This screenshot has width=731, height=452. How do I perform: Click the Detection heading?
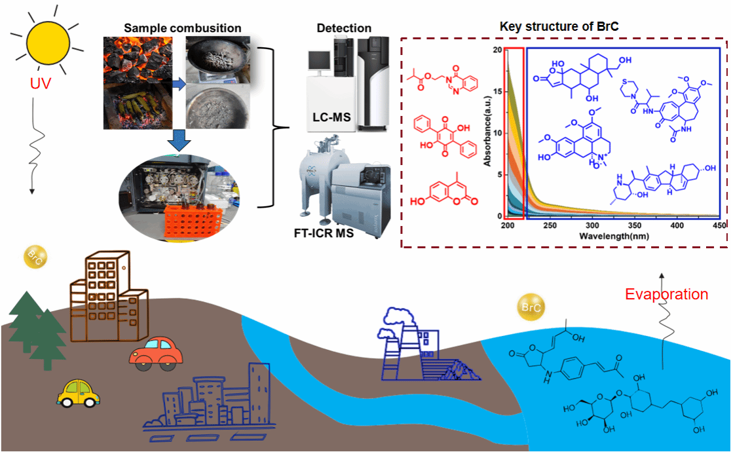(x=344, y=28)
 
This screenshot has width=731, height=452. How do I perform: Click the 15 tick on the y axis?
(x=499, y=91)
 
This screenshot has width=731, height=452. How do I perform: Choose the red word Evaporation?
(x=666, y=294)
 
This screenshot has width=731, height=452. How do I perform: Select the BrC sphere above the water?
(x=528, y=307)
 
